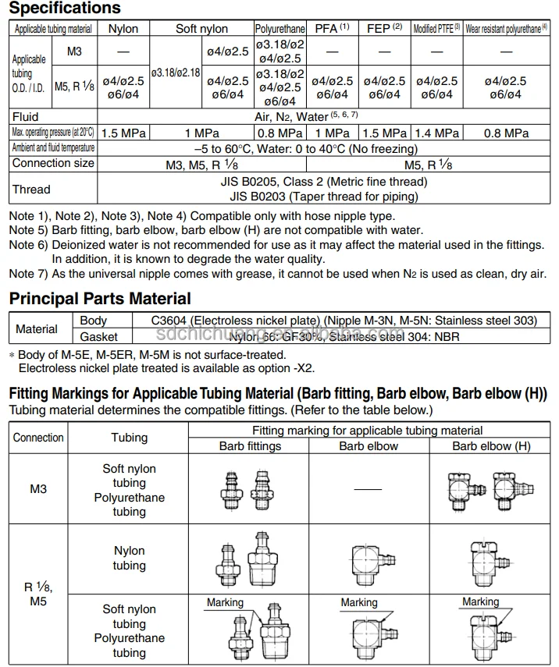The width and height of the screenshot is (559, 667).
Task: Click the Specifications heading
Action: tap(65, 9)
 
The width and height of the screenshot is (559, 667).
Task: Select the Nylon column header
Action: tap(123, 28)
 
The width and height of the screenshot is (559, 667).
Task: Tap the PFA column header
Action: tap(331, 28)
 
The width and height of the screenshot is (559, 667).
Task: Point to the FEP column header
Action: tap(384, 28)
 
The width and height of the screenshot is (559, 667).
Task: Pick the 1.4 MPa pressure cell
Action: tap(436, 133)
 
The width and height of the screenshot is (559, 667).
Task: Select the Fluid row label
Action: tap(25, 117)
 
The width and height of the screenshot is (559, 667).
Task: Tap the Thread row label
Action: tap(31, 189)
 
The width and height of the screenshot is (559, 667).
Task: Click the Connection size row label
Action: tap(53, 163)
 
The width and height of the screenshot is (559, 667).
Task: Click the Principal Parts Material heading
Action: tap(99, 298)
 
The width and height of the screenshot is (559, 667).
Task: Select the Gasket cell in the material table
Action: tap(98, 336)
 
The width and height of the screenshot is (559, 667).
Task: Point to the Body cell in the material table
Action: tap(94, 321)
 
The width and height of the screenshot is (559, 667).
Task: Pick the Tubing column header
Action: tap(129, 438)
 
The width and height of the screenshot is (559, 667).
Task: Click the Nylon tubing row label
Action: tap(129, 558)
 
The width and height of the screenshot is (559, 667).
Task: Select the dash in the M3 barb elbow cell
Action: tap(369, 489)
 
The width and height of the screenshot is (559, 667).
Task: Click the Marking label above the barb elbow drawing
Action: tap(358, 602)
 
